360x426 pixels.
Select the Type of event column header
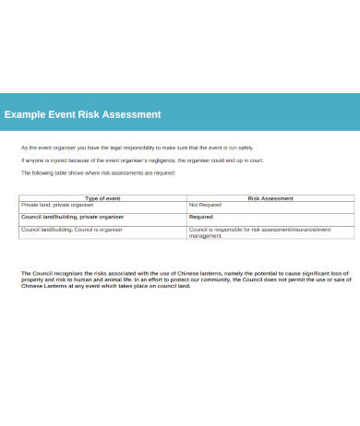pyautogui.click(x=103, y=197)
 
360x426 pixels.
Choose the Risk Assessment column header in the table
pyautogui.click(x=270, y=197)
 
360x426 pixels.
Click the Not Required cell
pyautogui.click(x=206, y=205)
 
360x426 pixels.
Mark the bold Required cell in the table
pyautogui.click(x=201, y=217)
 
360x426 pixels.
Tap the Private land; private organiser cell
pyautogui.click(x=57, y=205)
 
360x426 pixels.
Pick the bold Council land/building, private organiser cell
pyautogui.click(x=72, y=217)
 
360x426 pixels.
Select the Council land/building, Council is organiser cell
pyautogui.click(x=72, y=229)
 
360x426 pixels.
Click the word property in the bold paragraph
pyautogui.click(x=31, y=280)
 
